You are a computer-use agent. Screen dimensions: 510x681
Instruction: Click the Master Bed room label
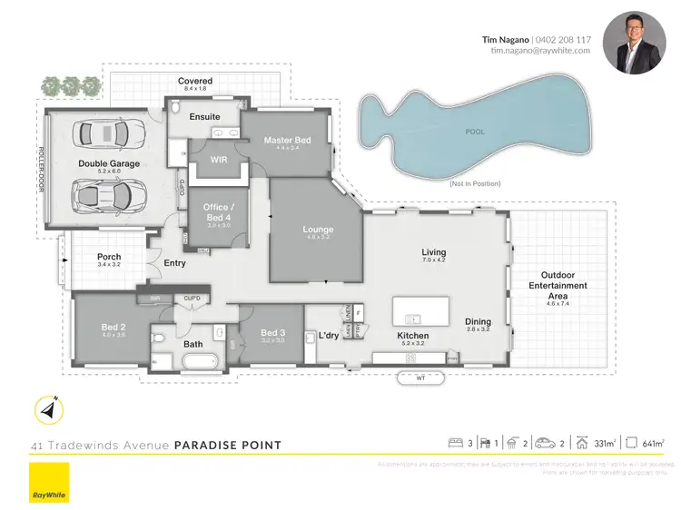[287, 141]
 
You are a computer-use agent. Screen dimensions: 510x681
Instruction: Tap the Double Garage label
[108, 163]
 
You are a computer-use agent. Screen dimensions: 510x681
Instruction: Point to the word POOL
[475, 132]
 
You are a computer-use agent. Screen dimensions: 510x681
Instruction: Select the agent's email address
[540, 51]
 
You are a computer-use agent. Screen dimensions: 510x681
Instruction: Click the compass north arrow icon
[47, 409]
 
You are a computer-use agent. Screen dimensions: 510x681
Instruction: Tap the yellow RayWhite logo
[49, 483]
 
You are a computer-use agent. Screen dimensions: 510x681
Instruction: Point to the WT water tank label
[420, 378]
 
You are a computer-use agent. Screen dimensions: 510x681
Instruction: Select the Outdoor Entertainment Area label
[564, 285]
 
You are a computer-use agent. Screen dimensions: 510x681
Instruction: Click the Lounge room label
[318, 230]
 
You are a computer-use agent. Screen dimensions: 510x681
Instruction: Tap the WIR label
[218, 159]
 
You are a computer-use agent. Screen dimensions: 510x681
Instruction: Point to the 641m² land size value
[652, 443]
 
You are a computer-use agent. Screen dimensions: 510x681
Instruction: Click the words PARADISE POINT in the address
[228, 446]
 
